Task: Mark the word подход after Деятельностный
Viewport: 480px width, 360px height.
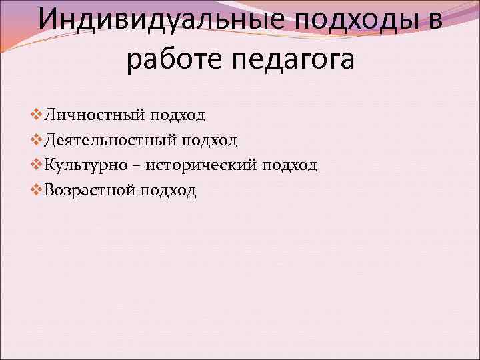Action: (x=211, y=140)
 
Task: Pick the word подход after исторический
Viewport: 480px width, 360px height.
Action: (x=291, y=165)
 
